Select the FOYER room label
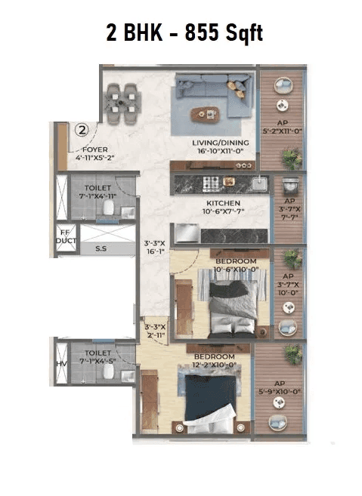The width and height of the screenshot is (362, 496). click(x=96, y=155)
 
